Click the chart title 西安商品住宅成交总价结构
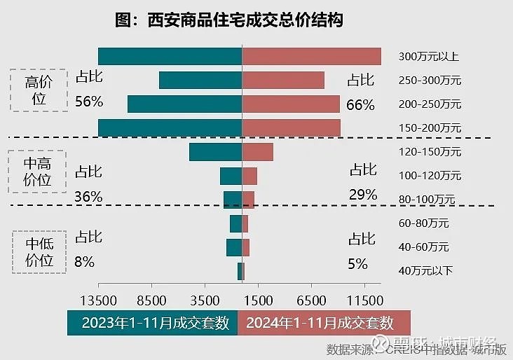point(228,20)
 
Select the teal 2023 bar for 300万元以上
point(170,56)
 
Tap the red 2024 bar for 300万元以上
point(311,56)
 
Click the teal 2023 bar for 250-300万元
point(200,80)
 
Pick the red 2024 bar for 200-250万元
point(291,104)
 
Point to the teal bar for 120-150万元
point(215,151)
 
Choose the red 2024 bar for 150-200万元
point(291,127)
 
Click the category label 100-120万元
point(430,175)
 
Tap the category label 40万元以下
point(425,270)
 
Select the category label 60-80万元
point(423,223)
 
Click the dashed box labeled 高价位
point(39,90)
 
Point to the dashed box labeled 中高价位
point(38,172)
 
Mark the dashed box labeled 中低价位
point(39,252)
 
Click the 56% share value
point(89,102)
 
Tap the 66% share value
point(361,105)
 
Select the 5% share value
point(357,264)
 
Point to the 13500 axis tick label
point(99,301)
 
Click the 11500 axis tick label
point(366,301)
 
